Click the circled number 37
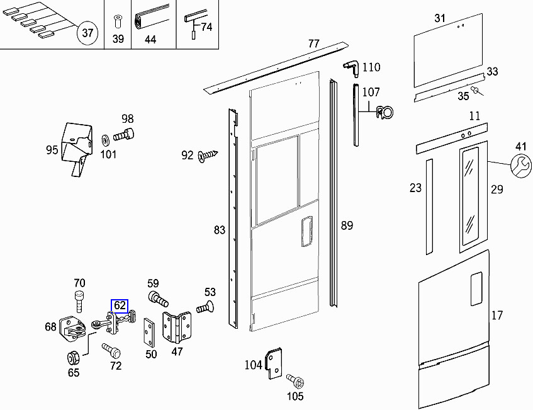pos(87,33)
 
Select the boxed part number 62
pos(120,307)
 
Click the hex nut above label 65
pos(73,357)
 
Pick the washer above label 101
pos(104,137)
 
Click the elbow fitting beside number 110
pos(351,67)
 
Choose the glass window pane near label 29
pos(469,196)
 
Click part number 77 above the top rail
pos(314,43)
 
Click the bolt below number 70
pos(79,300)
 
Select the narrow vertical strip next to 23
pos(429,206)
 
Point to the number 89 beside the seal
pos(347,225)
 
